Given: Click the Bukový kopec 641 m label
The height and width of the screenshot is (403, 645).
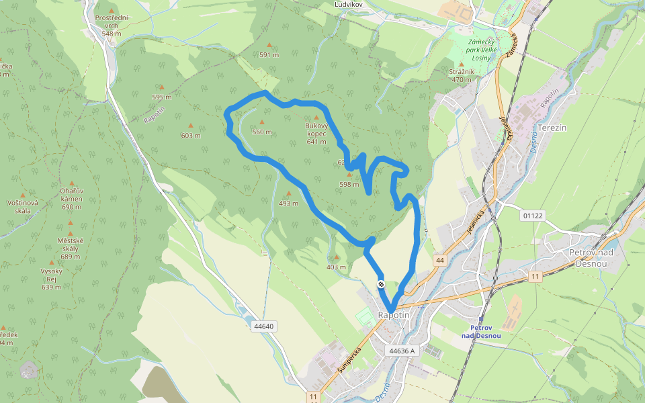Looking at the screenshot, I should click(316, 133).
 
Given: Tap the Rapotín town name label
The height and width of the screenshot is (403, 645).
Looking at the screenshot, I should click(393, 315).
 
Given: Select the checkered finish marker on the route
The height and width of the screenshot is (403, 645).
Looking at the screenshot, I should click(381, 284).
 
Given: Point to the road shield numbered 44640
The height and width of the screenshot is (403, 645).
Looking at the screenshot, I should click(264, 326).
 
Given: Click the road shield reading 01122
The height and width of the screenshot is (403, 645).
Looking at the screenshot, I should click(531, 216).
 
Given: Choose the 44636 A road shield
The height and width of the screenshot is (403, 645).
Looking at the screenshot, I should click(402, 351).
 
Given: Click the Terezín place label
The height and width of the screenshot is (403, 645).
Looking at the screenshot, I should click(553, 128).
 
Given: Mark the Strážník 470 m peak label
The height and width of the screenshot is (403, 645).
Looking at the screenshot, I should click(462, 75).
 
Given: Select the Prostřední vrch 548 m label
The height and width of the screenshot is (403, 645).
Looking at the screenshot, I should click(112, 25).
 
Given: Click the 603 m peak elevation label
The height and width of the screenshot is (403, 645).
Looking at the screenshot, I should click(191, 135).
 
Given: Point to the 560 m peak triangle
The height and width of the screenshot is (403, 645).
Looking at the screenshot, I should click(261, 122).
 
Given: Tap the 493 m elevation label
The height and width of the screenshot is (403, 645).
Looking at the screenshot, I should click(289, 203).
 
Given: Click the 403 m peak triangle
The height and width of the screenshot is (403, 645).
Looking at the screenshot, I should click(337, 257).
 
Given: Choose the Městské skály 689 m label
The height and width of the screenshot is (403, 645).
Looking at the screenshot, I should click(70, 249).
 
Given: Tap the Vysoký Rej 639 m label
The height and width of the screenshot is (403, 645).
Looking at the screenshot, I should click(52, 279).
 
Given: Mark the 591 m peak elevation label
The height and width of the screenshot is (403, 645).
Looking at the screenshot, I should click(269, 55).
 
